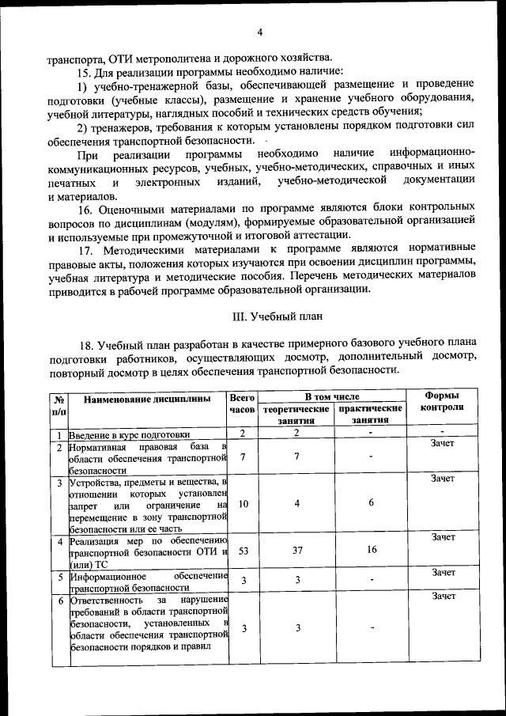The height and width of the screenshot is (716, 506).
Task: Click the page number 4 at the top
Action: (259, 32)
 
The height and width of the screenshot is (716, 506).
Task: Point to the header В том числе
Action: (332, 396)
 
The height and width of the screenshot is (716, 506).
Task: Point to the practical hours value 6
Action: (371, 503)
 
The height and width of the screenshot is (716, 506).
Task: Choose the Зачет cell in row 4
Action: (442, 537)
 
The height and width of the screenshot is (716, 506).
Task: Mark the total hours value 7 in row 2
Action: (243, 456)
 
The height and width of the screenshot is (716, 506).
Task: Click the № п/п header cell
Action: (59, 405)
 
